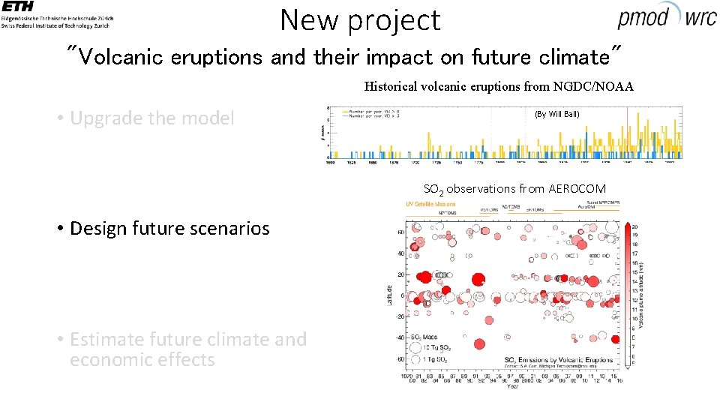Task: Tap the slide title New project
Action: pos(360,19)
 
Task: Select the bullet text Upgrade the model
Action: pos(151,118)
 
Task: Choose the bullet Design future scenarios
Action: pos(169,228)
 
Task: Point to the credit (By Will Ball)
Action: pos(556,114)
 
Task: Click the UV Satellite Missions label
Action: pos(430,204)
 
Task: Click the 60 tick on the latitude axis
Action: pos(401,232)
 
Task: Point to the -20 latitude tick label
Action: pos(399,316)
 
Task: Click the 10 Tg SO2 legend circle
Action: pos(415,349)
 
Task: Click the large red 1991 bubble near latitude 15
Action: pos(477,280)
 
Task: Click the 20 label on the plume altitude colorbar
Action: pos(635,226)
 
